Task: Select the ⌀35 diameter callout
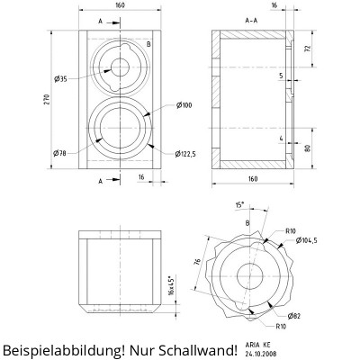60,79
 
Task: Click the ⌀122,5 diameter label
187,151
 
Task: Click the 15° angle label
239,204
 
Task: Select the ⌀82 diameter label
293,316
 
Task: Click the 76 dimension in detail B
197,263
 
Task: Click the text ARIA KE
258,344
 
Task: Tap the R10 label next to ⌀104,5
290,231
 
